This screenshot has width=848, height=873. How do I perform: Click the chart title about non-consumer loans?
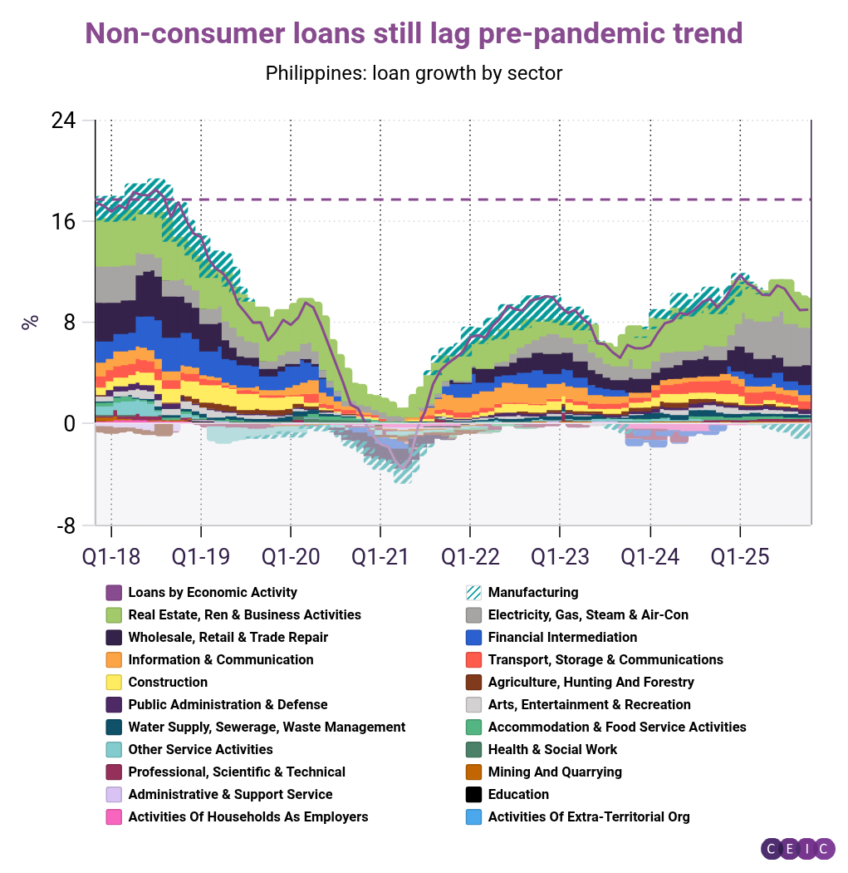[x=414, y=33]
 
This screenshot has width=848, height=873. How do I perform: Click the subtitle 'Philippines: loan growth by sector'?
[x=414, y=73]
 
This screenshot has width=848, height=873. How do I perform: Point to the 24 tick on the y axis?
[x=63, y=121]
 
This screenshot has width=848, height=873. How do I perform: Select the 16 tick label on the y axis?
[x=63, y=222]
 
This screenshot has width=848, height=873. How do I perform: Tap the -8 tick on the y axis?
[x=63, y=525]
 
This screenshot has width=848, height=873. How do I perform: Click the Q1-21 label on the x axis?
[x=380, y=555]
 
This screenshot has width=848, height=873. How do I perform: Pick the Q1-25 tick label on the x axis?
[x=739, y=555]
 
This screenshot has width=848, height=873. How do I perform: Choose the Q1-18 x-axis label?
[x=111, y=555]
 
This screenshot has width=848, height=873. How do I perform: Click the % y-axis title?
[x=30, y=322]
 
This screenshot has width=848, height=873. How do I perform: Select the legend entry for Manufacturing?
[x=532, y=593]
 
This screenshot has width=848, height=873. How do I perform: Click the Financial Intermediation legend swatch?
[x=474, y=638]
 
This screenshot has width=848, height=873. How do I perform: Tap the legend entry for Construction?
[x=168, y=683]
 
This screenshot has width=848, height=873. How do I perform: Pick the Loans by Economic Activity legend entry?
[x=212, y=593]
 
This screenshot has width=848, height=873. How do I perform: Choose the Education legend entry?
[x=517, y=795]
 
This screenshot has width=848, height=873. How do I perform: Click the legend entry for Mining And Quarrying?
[x=554, y=772]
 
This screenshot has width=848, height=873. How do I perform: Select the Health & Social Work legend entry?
[x=552, y=750]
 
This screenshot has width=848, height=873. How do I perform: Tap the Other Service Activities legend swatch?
[x=115, y=750]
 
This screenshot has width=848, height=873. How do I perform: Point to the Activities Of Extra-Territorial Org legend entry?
[x=588, y=817]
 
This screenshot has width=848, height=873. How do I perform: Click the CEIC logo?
[x=797, y=848]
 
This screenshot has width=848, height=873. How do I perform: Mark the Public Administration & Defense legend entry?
[x=228, y=705]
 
